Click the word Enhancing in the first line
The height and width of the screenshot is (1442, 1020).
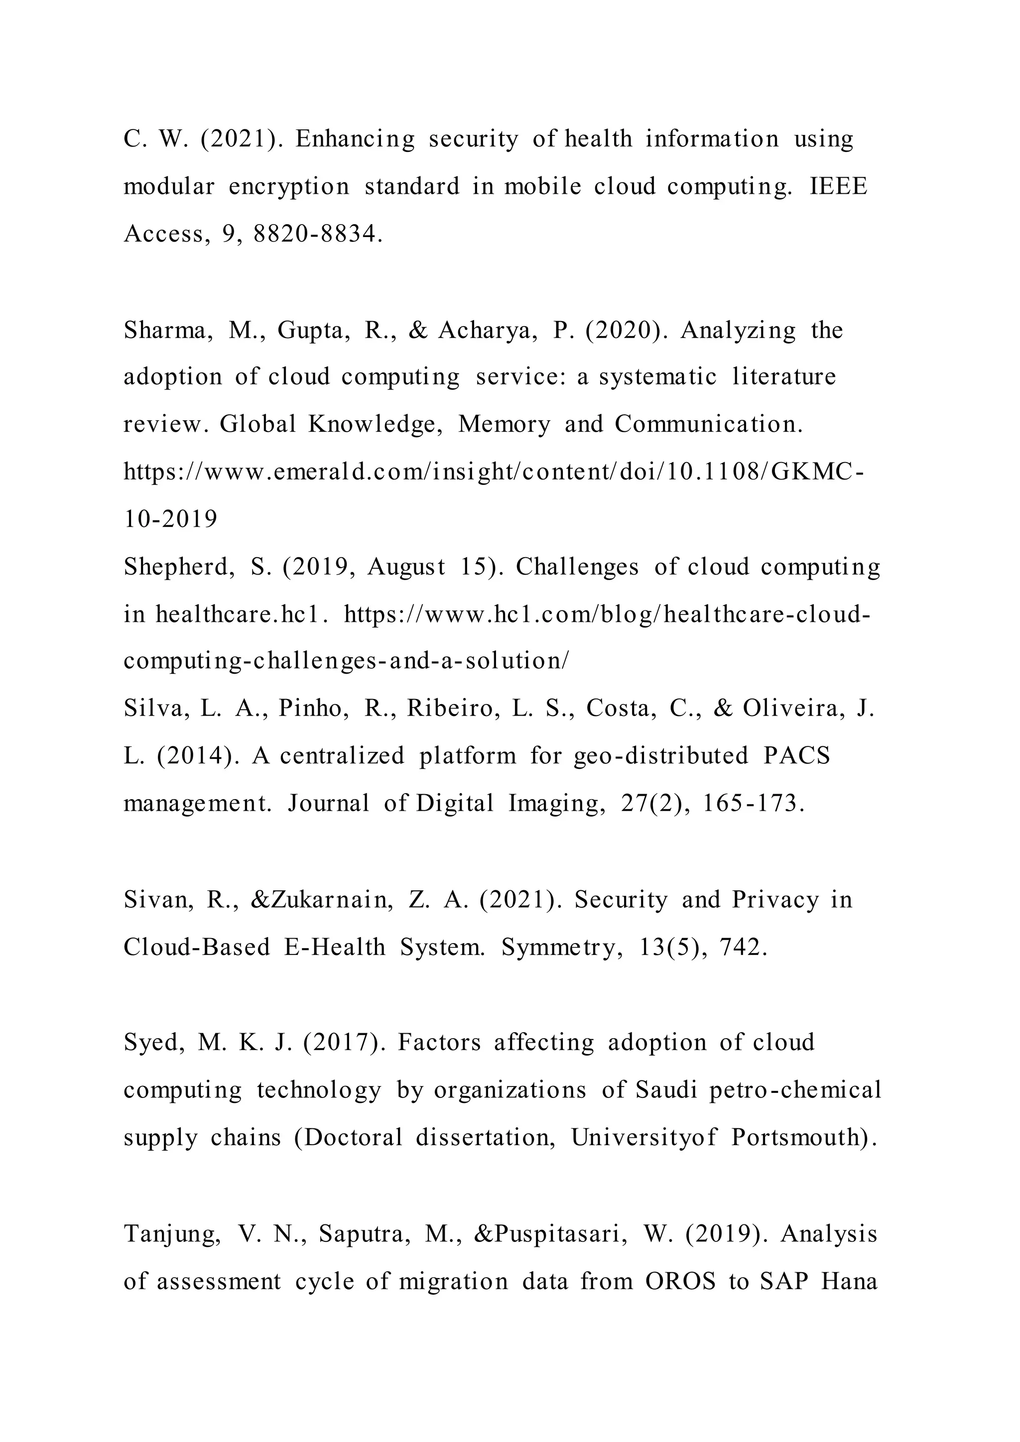point(355,139)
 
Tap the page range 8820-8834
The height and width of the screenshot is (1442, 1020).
point(318,234)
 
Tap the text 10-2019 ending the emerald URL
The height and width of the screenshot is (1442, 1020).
point(170,519)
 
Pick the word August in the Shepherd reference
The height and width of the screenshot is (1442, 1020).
point(406,567)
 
